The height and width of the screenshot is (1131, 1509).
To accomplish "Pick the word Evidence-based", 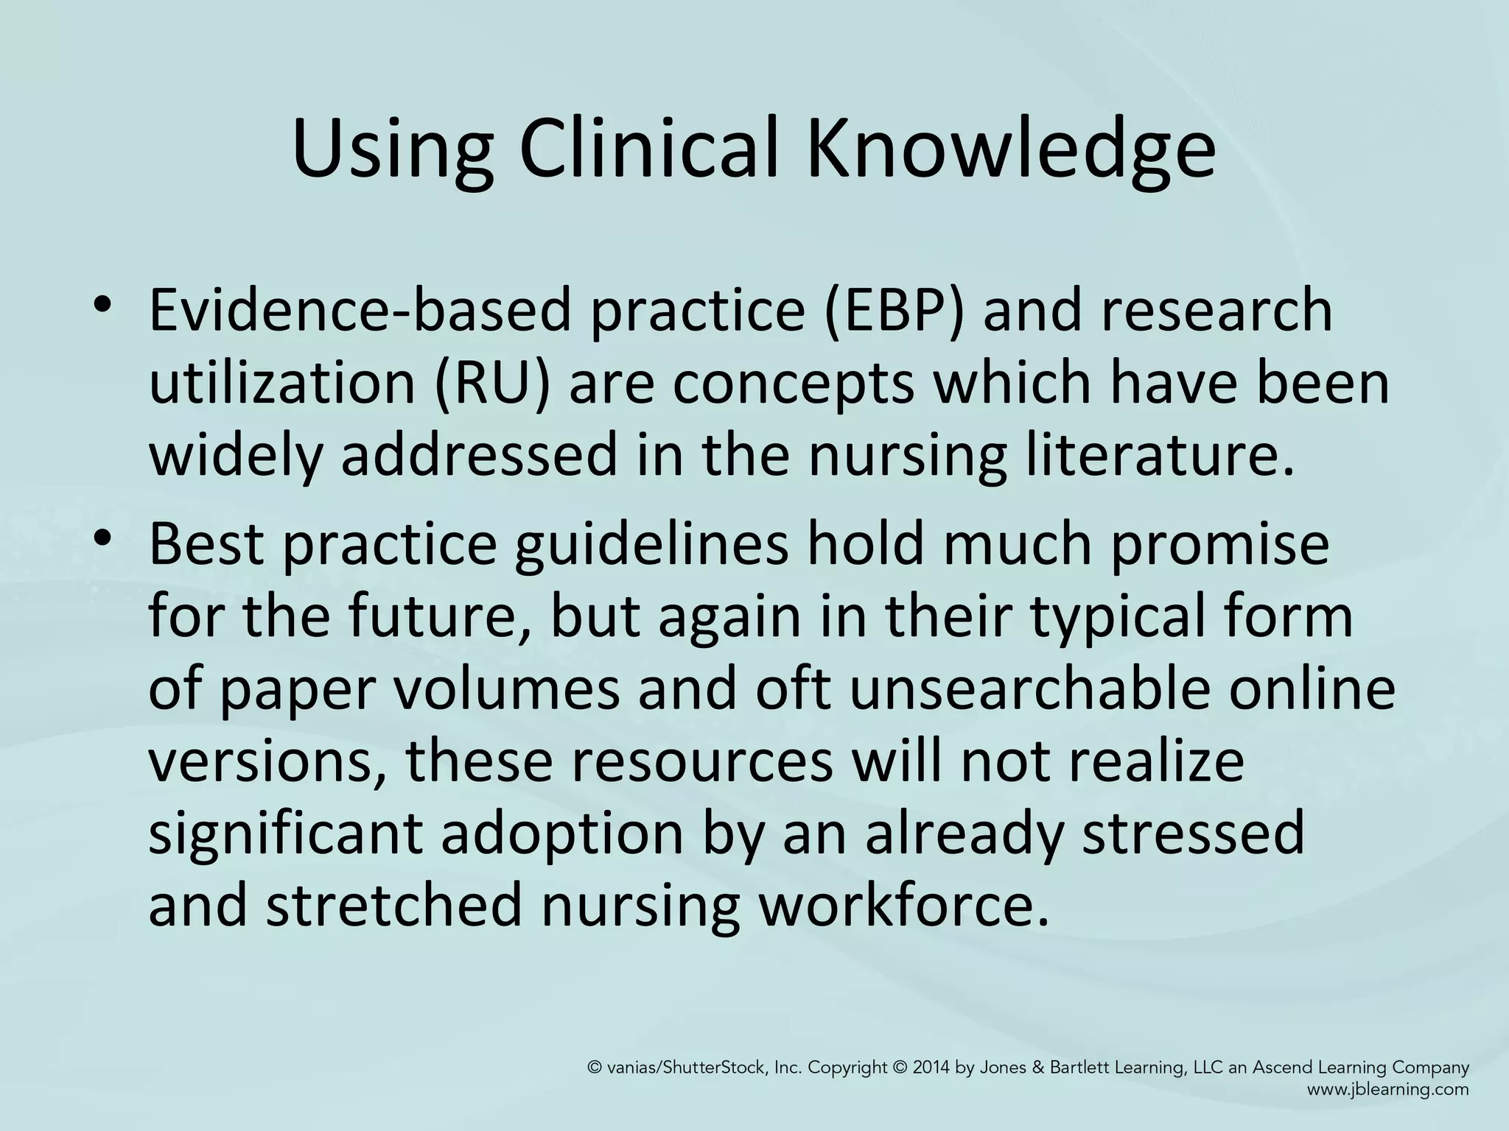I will (x=360, y=310).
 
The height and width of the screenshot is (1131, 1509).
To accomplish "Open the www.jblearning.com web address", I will (x=1388, y=1090).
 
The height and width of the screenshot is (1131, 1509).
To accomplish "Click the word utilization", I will (x=281, y=384).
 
